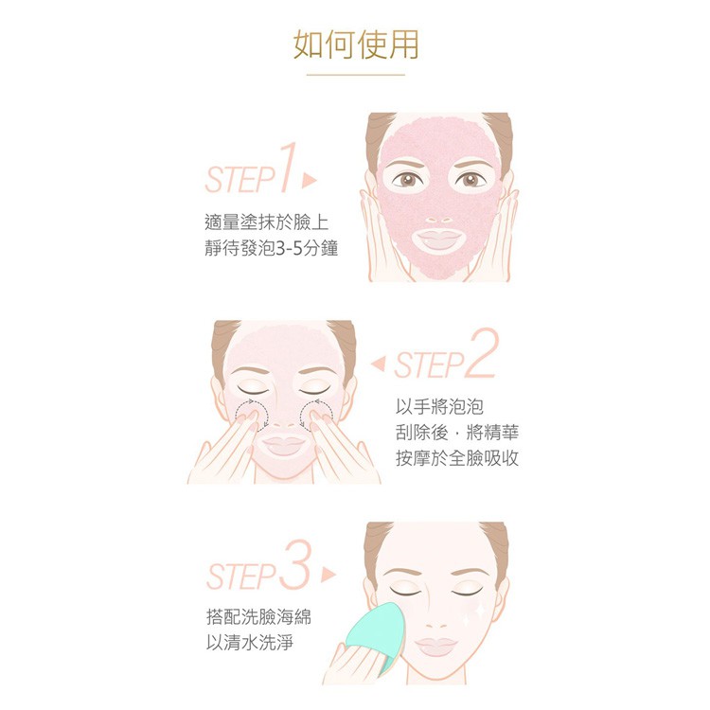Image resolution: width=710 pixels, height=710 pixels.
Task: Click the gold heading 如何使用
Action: pyautogui.click(x=355, y=44)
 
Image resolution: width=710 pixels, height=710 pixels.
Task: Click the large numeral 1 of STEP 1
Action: pyautogui.click(x=289, y=168)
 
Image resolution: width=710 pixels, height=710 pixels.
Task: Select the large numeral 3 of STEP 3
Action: pyautogui.click(x=295, y=564)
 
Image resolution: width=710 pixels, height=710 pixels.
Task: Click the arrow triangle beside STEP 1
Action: pyautogui.click(x=310, y=180)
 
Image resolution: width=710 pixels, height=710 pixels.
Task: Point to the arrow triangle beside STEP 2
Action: pyautogui.click(x=378, y=364)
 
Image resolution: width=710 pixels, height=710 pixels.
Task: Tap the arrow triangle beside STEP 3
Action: pyautogui.click(x=328, y=575)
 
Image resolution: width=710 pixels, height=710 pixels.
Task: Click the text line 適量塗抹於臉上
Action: pyautogui.click(x=267, y=222)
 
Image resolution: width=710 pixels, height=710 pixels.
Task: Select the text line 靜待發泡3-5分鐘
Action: pyautogui.click(x=272, y=248)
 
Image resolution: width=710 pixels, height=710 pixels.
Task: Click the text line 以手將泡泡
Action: pyautogui.click(x=439, y=407)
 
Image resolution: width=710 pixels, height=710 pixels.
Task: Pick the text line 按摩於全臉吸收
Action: pyautogui.click(x=457, y=458)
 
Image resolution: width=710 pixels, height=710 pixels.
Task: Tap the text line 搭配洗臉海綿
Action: pyautogui.click(x=259, y=616)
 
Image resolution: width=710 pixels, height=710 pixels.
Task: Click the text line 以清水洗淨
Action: pyautogui.click(x=250, y=642)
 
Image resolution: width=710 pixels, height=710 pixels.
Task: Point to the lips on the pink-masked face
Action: pyautogui.click(x=438, y=239)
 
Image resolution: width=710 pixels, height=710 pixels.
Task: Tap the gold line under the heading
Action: pyautogui.click(x=355, y=75)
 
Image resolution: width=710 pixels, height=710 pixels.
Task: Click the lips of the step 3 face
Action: pyautogui.click(x=435, y=646)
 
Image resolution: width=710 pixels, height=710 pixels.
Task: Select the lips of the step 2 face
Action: pyautogui.click(x=284, y=445)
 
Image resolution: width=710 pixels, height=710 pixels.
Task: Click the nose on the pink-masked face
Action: pyautogui.click(x=438, y=219)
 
